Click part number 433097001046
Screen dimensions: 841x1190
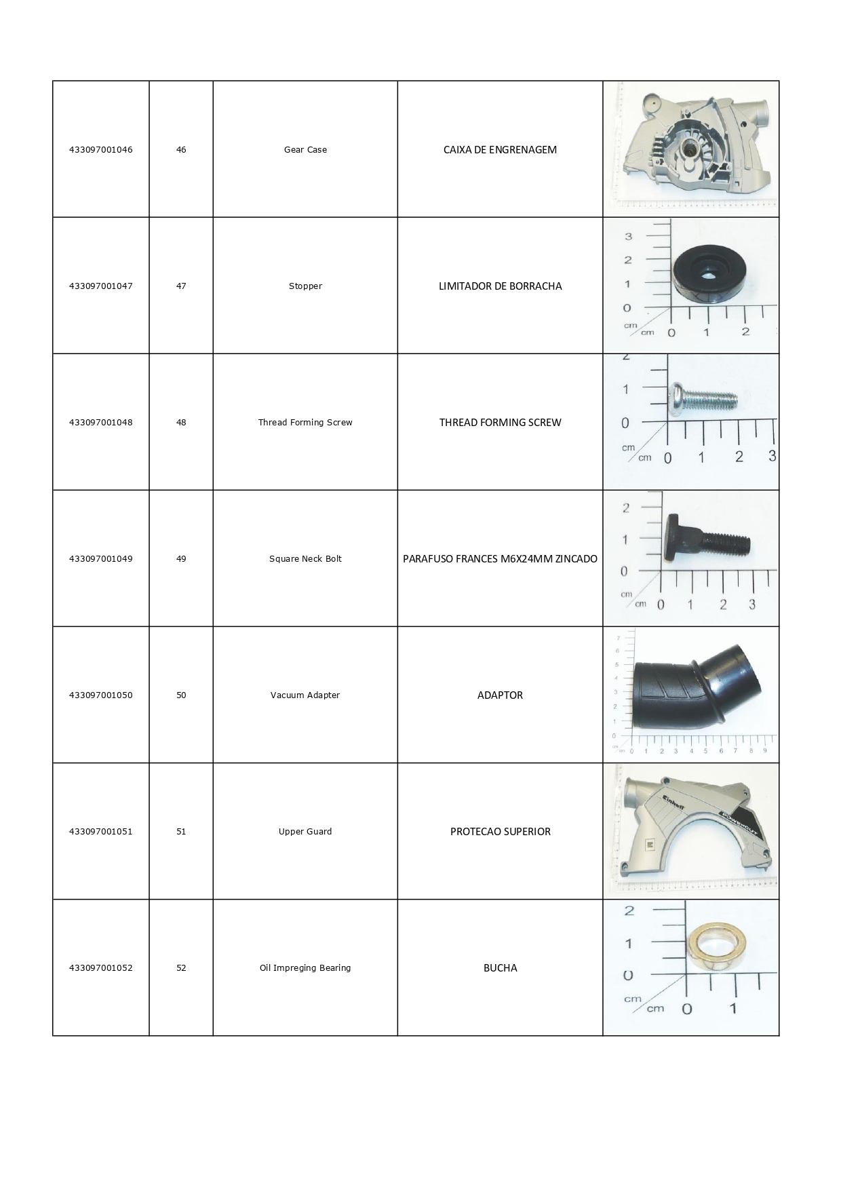101,150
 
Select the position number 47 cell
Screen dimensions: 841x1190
181,286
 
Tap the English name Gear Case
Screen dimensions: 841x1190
305,150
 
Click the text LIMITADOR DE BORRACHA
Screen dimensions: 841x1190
500,286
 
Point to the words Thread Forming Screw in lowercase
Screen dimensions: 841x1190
305,423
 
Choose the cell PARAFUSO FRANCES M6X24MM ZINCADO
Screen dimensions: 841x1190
500,559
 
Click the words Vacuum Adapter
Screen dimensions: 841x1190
305,695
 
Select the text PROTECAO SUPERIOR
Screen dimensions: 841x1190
500,832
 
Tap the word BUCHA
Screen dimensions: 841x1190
500,968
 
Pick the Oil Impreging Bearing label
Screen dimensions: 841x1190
305,968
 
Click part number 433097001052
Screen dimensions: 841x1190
101,968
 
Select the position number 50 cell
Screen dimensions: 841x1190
181,695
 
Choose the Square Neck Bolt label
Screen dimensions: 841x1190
305,559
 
